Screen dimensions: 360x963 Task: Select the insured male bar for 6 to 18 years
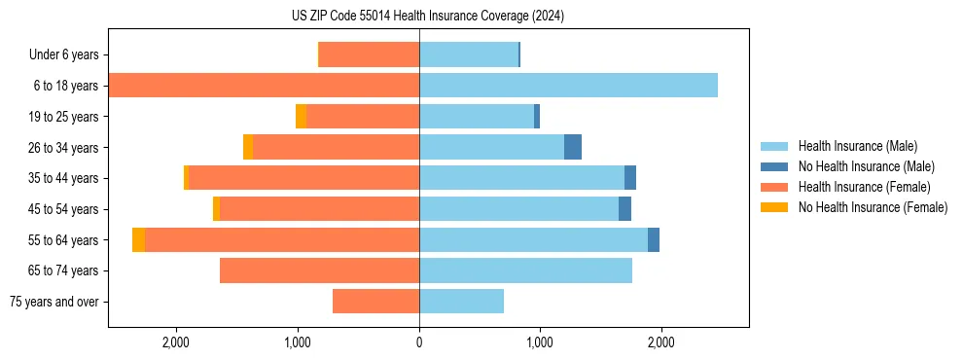pos(568,86)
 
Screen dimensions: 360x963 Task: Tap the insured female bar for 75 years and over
pos(375,302)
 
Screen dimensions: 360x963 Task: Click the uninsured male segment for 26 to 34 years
pos(573,147)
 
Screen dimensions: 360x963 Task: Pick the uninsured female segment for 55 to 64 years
pos(139,240)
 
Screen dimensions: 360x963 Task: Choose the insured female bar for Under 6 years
pos(369,54)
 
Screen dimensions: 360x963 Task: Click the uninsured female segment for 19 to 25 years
pos(302,117)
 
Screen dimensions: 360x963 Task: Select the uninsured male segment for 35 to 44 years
pos(630,178)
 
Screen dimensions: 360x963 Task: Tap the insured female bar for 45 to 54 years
pos(319,209)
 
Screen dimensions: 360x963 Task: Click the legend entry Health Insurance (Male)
pos(857,146)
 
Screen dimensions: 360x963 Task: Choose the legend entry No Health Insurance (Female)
pos(872,207)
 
